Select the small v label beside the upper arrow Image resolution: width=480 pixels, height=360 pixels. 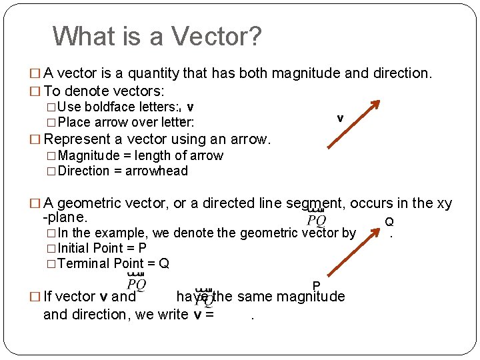coord(340,118)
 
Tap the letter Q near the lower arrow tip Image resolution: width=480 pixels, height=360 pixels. coord(389,221)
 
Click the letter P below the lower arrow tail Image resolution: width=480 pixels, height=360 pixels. coord(316,286)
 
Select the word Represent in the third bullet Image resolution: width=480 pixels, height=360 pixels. coord(76,139)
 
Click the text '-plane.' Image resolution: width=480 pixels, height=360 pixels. coord(65,217)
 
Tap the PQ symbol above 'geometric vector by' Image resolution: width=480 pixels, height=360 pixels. coord(316,218)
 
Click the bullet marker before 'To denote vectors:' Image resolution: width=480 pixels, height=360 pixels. coord(36,91)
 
